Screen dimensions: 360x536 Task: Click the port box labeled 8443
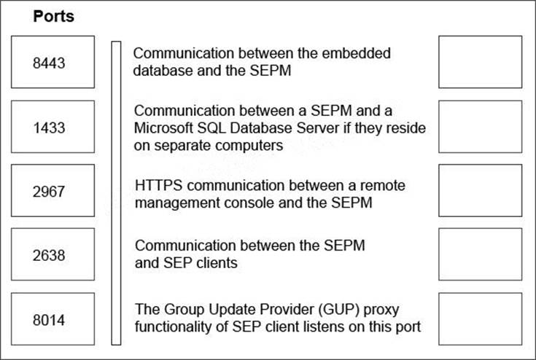[x=53, y=62]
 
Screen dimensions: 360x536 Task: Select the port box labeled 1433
[x=53, y=126]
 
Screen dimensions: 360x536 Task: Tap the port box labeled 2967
[x=53, y=190]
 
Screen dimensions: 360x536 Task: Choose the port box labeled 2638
[x=53, y=254]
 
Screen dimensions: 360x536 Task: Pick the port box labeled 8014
[x=53, y=318]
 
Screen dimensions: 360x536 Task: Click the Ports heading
[x=53, y=16]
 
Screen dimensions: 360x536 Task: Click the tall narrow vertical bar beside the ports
[x=115, y=192]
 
